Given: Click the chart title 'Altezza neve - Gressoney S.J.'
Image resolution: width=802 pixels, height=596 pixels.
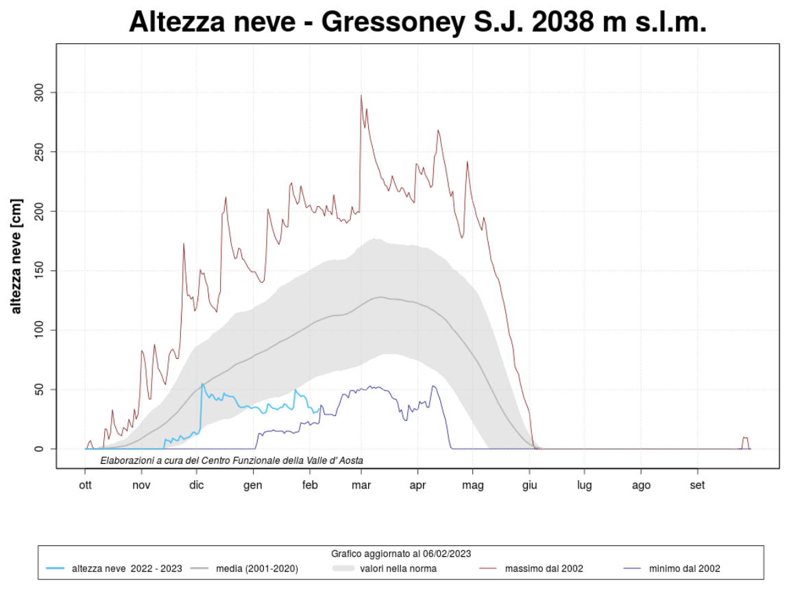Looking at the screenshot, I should pyautogui.click(x=417, y=22).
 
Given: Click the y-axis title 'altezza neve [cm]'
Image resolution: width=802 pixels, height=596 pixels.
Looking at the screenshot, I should pyautogui.click(x=16, y=256).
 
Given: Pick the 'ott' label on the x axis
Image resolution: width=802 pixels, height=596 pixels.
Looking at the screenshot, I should pyautogui.click(x=85, y=486).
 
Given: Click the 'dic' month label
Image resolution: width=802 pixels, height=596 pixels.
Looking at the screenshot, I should pyautogui.click(x=197, y=486).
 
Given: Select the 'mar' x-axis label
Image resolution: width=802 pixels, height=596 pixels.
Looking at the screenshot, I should pyautogui.click(x=361, y=486).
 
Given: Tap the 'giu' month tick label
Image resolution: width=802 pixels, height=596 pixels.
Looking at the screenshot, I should pyautogui.click(x=529, y=486).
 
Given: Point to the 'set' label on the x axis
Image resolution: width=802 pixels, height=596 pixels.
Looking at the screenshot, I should pyautogui.click(x=697, y=486).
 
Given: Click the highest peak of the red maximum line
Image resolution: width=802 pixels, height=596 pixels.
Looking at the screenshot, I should pyautogui.click(x=361, y=95).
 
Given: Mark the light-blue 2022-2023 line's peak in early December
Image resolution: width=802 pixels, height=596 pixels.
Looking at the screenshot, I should pyautogui.click(x=202, y=384).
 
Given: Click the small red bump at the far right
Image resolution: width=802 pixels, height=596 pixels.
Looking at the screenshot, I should pyautogui.click(x=745, y=438).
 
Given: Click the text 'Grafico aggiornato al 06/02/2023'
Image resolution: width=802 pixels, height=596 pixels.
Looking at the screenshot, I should pyautogui.click(x=401, y=554).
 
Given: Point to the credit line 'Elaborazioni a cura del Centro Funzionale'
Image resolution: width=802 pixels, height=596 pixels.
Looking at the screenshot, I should pyautogui.click(x=232, y=460).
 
